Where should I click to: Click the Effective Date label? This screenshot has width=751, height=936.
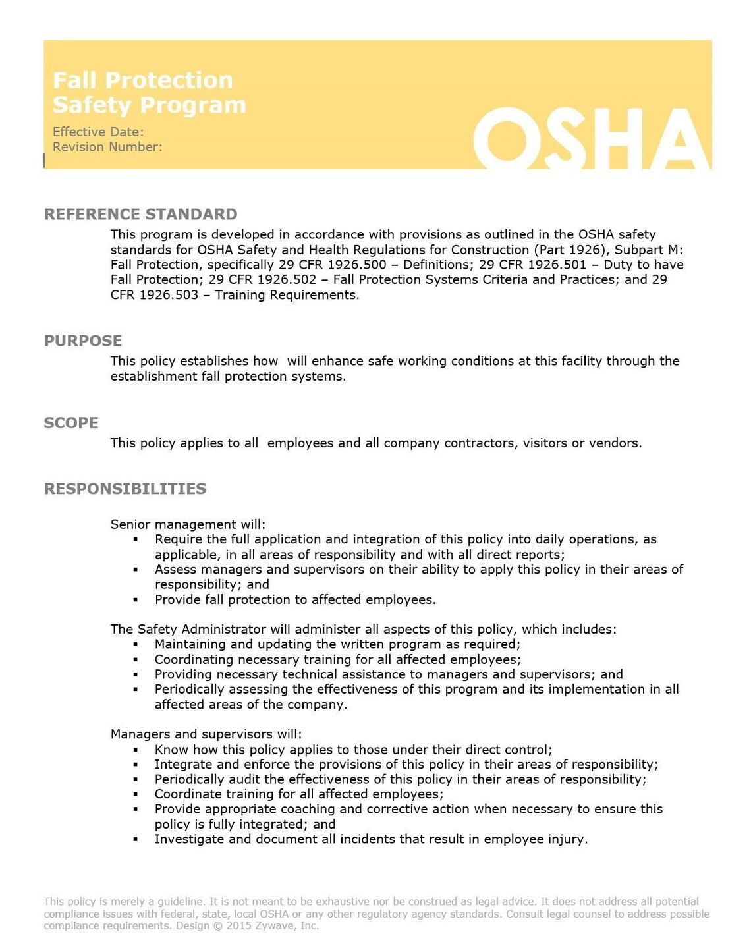[97, 132]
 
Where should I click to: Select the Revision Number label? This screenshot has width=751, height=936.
[107, 147]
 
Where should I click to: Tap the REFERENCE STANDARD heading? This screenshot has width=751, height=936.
[140, 214]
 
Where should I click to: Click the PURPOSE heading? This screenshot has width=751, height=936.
[83, 341]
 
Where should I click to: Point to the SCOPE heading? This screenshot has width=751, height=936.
[71, 423]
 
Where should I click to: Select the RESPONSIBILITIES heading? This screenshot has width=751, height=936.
[125, 489]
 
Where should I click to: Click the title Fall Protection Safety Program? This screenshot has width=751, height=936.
[149, 92]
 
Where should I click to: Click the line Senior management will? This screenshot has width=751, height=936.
[188, 524]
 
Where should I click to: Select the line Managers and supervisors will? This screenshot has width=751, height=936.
[206, 734]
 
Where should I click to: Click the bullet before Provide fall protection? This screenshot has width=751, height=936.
[136, 600]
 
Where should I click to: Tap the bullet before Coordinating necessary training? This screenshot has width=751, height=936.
[136, 659]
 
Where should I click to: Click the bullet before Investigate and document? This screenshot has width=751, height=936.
[136, 839]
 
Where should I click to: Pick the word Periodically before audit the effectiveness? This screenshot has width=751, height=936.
[189, 779]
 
